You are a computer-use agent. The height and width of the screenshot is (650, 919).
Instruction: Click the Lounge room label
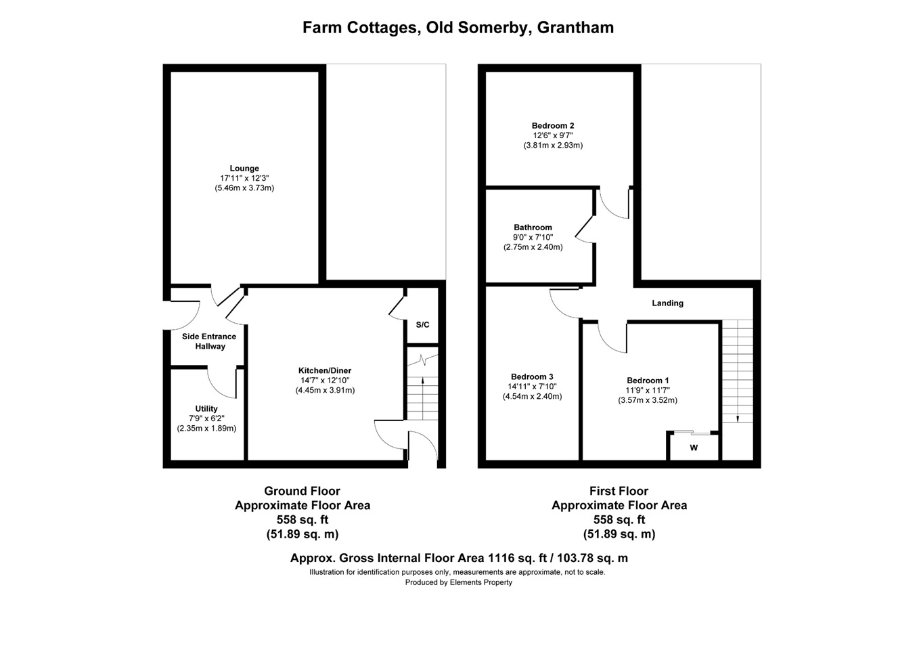(x=244, y=169)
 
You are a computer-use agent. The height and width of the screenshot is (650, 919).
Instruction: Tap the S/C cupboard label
(x=422, y=325)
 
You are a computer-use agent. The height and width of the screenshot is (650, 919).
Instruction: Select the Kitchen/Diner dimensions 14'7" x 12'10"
(x=325, y=381)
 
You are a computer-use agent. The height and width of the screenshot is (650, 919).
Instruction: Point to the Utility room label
(x=206, y=409)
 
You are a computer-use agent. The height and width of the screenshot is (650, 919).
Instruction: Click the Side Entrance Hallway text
(x=209, y=341)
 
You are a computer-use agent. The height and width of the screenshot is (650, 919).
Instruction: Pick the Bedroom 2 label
(x=553, y=126)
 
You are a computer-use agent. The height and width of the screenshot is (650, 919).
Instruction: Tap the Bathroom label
(x=533, y=227)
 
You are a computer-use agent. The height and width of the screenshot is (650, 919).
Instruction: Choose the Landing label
(x=667, y=303)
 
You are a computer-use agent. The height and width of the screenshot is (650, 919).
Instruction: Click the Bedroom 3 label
(x=532, y=377)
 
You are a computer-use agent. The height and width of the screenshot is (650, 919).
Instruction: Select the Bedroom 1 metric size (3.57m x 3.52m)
(x=648, y=400)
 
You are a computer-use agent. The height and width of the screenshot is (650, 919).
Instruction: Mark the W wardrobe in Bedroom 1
(x=694, y=448)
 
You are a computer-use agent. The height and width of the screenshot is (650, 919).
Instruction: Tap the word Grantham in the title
(x=575, y=28)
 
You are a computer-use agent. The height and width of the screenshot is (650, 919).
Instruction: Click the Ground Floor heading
(x=302, y=491)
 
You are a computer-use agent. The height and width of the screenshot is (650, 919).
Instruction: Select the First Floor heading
(x=619, y=491)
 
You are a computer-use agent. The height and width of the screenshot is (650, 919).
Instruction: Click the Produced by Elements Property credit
(x=458, y=582)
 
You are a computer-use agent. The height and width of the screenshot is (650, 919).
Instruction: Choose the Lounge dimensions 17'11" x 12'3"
(x=244, y=178)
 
